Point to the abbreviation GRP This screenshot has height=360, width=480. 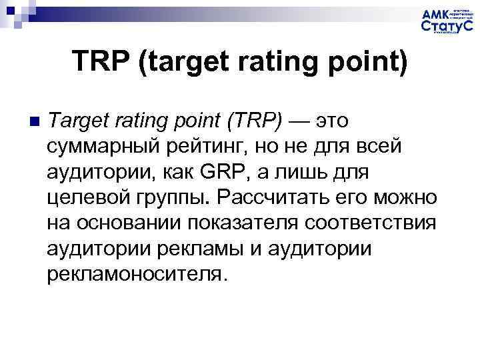pos(211,172)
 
